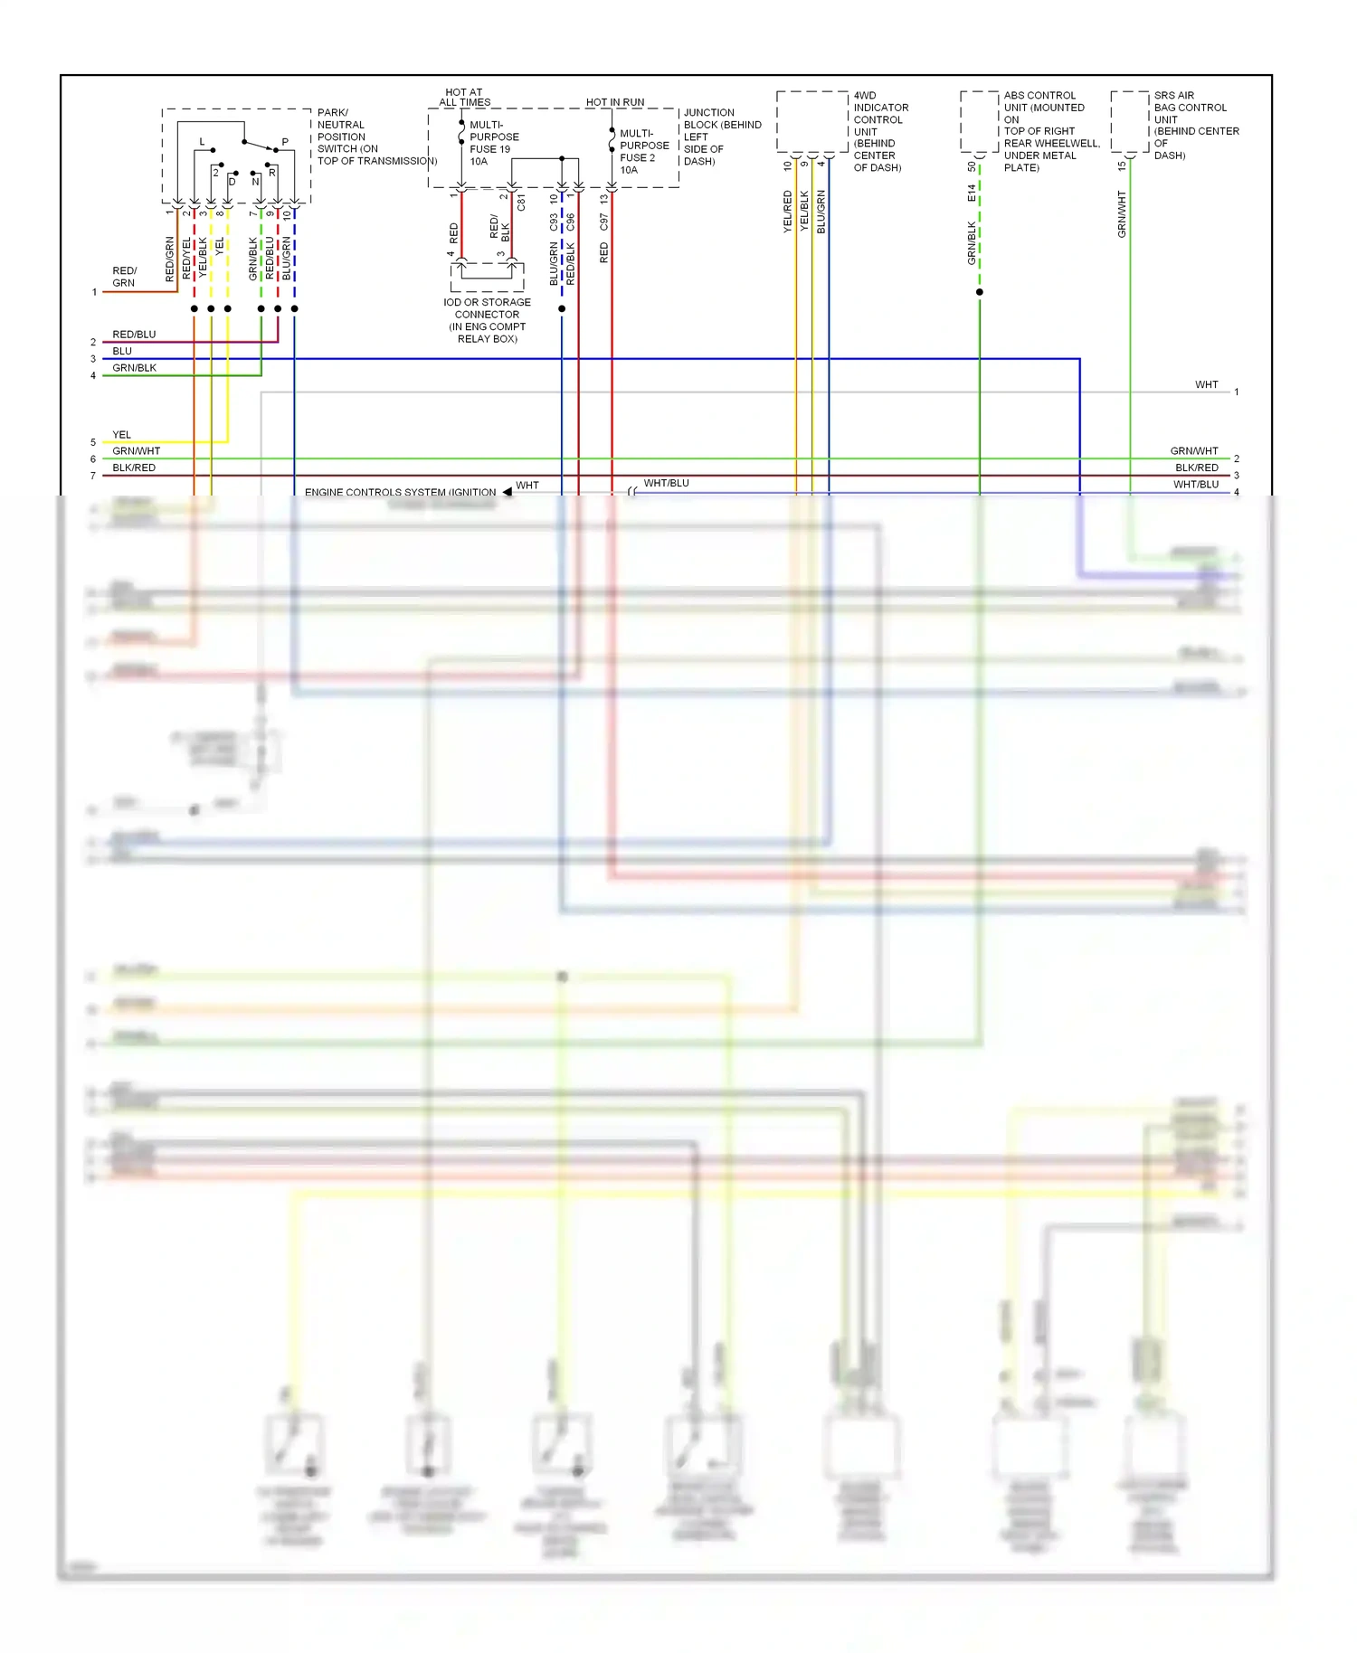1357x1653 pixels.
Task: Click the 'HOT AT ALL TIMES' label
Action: (464, 98)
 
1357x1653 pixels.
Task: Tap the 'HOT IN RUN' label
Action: (615, 102)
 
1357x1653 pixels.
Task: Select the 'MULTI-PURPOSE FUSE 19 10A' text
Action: (493, 143)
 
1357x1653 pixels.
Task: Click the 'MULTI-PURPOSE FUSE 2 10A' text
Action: (643, 151)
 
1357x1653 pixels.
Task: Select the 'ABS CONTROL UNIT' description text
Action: (1049, 131)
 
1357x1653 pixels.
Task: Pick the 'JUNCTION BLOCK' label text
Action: (721, 137)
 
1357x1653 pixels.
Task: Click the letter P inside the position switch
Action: (285, 142)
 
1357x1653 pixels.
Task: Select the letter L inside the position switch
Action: (202, 142)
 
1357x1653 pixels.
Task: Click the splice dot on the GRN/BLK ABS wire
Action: (980, 292)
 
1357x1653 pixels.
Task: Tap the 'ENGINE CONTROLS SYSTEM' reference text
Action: (400, 492)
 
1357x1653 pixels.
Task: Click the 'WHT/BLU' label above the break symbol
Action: (666, 483)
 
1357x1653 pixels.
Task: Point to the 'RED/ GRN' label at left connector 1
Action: (124, 277)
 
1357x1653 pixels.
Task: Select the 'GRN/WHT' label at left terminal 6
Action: (136, 450)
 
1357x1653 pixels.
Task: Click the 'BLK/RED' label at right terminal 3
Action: (1196, 468)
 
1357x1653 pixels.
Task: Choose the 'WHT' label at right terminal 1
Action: (1206, 384)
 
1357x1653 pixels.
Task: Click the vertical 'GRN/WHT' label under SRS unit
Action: (1122, 214)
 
